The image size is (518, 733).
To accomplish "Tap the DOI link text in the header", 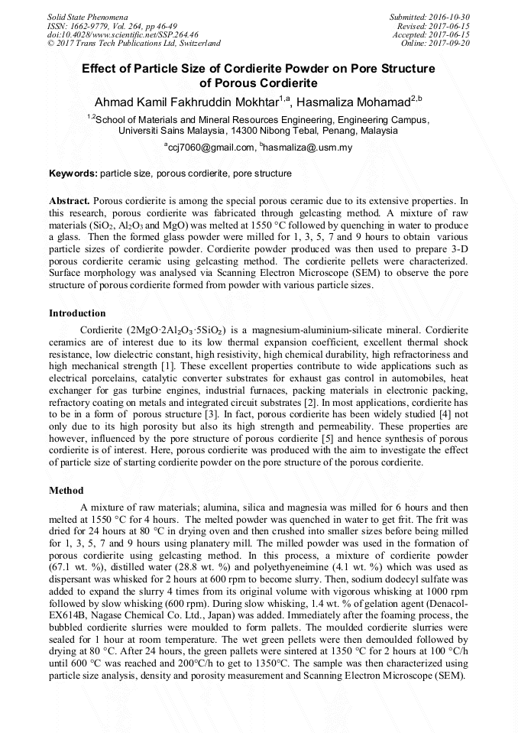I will [122, 34].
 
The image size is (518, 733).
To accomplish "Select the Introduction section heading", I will [77, 313].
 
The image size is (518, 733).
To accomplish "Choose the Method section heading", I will [66, 490].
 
